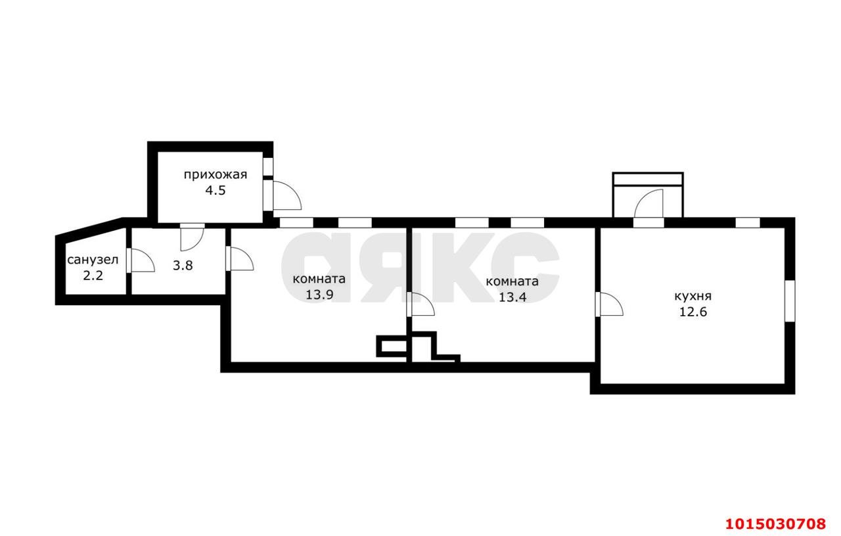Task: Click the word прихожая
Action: (216, 175)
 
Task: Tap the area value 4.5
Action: (216, 191)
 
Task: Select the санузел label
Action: (93, 260)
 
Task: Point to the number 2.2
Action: (93, 276)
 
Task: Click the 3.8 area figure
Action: (183, 266)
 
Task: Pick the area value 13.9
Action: (319, 295)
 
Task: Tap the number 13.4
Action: (512, 297)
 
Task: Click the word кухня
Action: (693, 297)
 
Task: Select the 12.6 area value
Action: (693, 312)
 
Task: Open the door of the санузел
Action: (141, 260)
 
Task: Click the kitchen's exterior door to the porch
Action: (648, 204)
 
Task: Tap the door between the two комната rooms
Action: (420, 305)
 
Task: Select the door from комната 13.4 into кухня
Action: (609, 304)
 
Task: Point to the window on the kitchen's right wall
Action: (790, 301)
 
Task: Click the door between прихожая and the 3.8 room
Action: (193, 237)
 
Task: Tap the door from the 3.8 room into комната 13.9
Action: (240, 258)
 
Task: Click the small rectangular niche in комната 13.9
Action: (392, 346)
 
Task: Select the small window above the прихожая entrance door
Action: (268, 166)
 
